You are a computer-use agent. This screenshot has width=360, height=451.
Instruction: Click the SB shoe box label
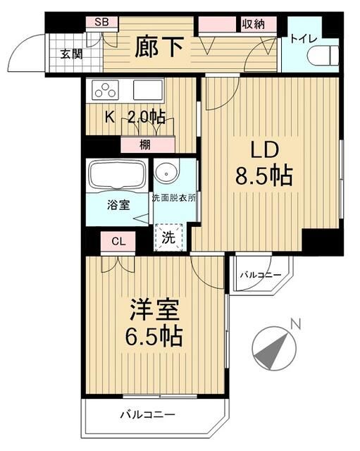click(101, 22)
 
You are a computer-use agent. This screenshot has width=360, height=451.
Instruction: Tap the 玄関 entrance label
click(71, 54)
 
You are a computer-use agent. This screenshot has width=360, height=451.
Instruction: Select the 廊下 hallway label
click(159, 47)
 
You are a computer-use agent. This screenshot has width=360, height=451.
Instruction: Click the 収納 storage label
click(253, 24)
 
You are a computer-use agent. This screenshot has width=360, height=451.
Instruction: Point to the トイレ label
click(303, 39)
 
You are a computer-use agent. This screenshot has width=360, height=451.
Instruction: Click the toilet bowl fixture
click(323, 54)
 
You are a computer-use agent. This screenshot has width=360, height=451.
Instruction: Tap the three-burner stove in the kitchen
click(105, 89)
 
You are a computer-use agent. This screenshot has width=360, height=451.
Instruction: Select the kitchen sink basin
click(147, 90)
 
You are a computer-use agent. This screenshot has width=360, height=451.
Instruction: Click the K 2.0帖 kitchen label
click(135, 118)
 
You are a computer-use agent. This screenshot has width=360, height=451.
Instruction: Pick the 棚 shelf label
click(145, 144)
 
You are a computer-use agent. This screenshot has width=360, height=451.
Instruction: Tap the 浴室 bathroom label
click(118, 205)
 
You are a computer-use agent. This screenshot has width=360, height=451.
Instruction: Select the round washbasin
click(166, 173)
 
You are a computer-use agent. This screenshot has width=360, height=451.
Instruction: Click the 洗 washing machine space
click(169, 237)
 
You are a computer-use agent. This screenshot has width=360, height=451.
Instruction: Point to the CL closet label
click(118, 242)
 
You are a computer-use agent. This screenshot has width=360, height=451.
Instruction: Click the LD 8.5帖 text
click(264, 163)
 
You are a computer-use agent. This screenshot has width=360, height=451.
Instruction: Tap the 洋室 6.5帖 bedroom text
click(154, 322)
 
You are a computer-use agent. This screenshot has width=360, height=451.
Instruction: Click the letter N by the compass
click(295, 324)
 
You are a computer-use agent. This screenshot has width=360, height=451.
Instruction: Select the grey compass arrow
click(271, 350)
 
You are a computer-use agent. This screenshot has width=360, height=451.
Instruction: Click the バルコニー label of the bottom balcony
click(147, 414)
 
